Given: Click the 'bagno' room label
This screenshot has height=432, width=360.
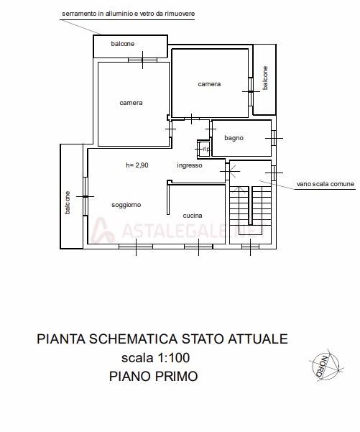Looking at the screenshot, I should pos(234,137).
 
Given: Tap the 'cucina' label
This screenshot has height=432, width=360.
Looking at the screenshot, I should pos(192,216).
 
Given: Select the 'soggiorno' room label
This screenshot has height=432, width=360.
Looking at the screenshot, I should pos(126,205).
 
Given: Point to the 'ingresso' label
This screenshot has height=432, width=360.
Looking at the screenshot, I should pos(190,165).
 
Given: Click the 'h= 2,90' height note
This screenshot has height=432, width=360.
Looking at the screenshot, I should pos(137,165).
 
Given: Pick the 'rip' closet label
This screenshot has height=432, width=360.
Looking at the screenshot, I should pos(206,149).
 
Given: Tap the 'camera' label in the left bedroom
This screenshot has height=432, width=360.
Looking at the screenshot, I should pos(131,103).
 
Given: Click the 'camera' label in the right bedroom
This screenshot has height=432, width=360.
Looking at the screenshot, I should pos(209,84).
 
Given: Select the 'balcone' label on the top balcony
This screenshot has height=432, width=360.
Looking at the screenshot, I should pos(122,45).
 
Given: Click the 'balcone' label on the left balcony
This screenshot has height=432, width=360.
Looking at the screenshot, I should pos(67,202).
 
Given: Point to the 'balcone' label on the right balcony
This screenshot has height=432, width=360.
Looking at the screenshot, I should pos(264,78).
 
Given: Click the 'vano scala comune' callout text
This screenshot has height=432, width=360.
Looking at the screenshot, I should pos(326,185).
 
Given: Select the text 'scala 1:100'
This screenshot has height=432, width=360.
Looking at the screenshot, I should pos(155,357).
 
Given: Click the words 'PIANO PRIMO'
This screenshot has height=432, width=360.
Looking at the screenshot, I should pos(153,375).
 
